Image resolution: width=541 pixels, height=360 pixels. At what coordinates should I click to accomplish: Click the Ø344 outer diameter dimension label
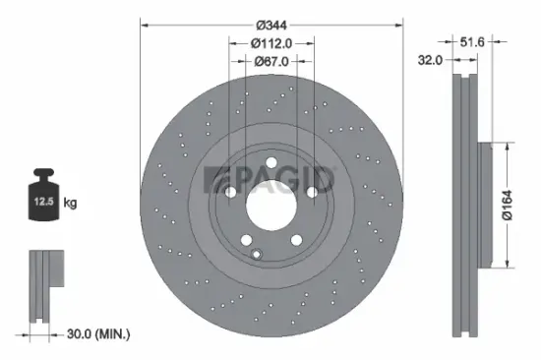(x=272, y=13)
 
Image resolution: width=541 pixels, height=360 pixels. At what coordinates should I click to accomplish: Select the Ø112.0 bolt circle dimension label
(x=272, y=42)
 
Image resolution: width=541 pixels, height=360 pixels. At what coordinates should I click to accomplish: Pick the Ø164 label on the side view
(x=520, y=205)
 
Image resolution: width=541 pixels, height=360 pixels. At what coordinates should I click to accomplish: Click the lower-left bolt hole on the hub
(x=245, y=241)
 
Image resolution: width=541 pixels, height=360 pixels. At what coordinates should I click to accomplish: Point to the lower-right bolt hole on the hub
(x=297, y=241)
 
